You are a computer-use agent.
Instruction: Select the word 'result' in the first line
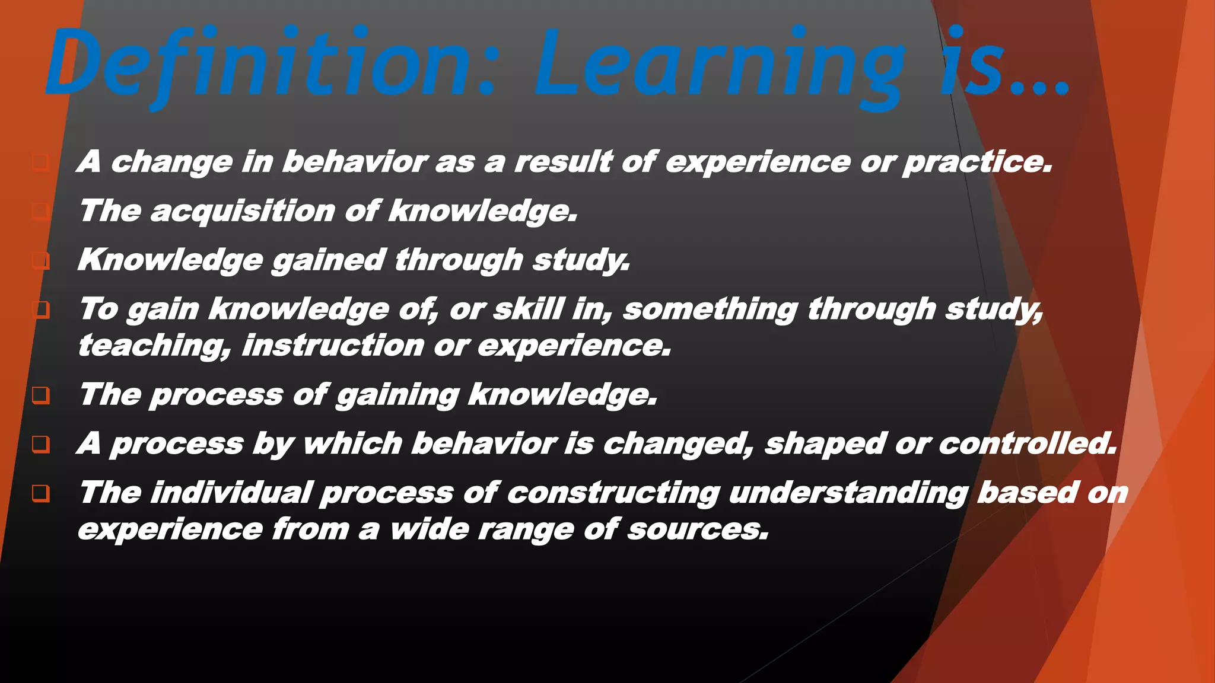pos(564,162)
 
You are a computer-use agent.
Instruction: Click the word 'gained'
pos(329,260)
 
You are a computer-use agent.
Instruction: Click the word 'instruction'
pos(333,346)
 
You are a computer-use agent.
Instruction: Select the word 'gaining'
pos(397,395)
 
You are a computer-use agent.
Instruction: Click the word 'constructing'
pos(613,493)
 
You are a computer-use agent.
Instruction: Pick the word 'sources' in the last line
pos(698,529)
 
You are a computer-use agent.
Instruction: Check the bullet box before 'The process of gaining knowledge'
pos(40,395)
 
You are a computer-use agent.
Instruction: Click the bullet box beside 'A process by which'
pos(40,444)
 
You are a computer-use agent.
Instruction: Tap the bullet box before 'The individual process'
pos(40,493)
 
